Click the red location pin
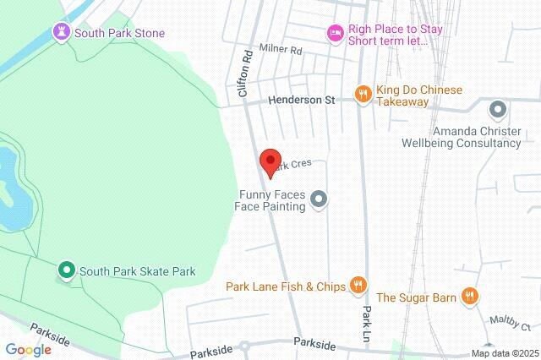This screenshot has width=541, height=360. (x=270, y=161)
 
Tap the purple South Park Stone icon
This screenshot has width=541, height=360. (x=62, y=33)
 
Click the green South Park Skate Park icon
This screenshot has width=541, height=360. (x=66, y=271)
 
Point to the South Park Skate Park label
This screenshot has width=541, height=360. (x=138, y=271)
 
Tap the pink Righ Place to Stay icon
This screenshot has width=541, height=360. (x=335, y=33)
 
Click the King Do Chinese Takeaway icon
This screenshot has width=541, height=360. (x=363, y=94)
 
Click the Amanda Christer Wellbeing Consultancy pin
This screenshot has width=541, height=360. (x=498, y=109)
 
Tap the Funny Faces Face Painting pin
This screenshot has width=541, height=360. (x=319, y=200)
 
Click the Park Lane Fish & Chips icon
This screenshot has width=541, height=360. (x=358, y=286)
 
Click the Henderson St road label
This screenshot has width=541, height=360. (x=302, y=100)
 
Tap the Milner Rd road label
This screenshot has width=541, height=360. (x=281, y=51)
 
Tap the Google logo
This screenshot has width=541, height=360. (x=28, y=350)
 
